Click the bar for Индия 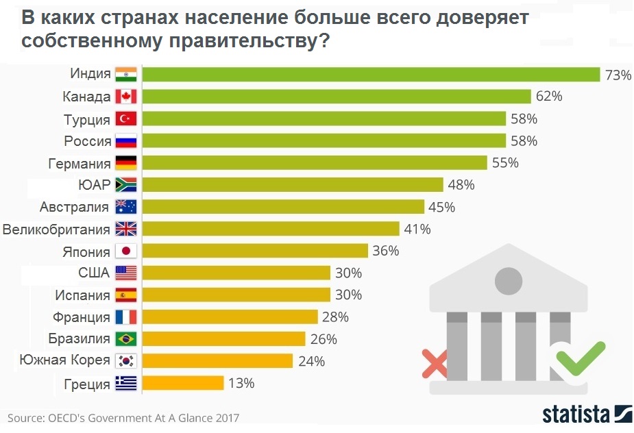(370, 75)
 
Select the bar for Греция (183, 383)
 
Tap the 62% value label (549, 97)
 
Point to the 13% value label (241, 383)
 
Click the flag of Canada (126, 97)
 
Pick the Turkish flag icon (126, 119)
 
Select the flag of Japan (126, 251)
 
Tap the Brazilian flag (126, 339)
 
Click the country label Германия (80, 164)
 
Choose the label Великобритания (56, 229)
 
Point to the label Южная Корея (64, 361)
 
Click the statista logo (586, 414)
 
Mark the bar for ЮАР (293, 185)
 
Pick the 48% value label (461, 185)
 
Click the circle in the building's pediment (508, 278)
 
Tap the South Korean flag (126, 361)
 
